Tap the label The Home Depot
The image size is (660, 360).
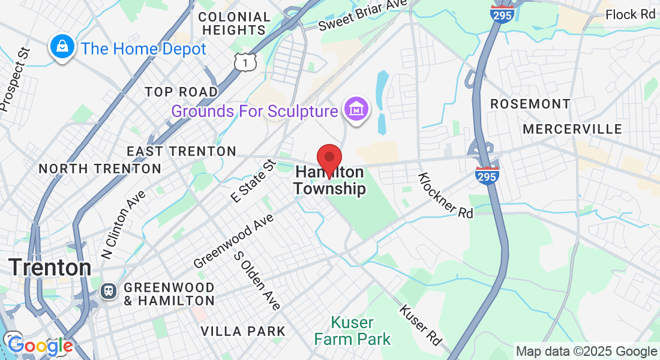143,49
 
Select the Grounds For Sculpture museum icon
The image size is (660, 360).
356,110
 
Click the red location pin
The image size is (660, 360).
329,159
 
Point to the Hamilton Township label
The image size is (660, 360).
329,181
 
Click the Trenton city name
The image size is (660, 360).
50,267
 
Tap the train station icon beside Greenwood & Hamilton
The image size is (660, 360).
109,291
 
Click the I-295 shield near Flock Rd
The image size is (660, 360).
502,13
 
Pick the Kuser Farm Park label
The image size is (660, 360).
352,331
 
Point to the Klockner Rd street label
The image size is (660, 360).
445,195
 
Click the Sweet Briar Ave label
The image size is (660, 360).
363,16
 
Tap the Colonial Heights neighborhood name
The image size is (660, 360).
234,23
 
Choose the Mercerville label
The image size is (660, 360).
572,129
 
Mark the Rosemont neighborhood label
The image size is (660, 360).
530,104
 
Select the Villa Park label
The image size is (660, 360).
242,331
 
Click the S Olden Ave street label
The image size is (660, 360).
257,280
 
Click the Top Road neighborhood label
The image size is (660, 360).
181,92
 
